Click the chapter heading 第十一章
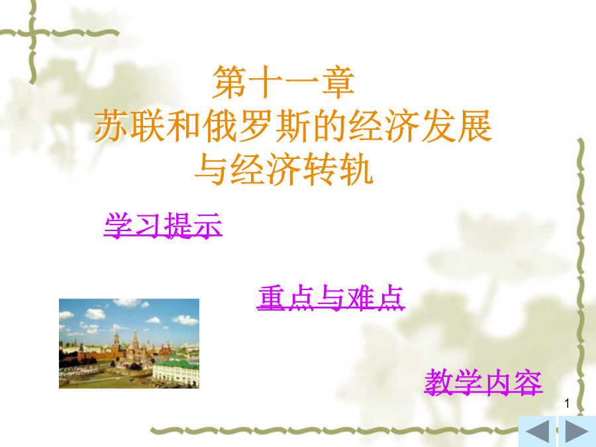click(283, 81)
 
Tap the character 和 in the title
click(184, 126)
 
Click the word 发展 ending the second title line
click(457, 126)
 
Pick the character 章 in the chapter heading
click(338, 81)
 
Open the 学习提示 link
click(163, 225)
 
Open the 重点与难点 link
click(330, 297)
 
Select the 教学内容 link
click(483, 382)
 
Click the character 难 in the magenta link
click(360, 297)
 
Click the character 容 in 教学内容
click(528, 382)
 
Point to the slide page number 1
click(567, 403)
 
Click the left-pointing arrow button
click(538, 431)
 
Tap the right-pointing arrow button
click(577, 431)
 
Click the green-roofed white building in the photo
click(175, 372)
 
